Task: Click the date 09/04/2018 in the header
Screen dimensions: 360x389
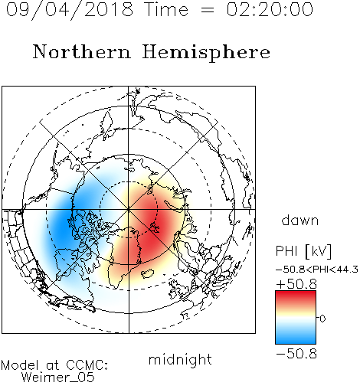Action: (70, 10)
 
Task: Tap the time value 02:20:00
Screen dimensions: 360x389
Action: (270, 9)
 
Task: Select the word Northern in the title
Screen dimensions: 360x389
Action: (82, 51)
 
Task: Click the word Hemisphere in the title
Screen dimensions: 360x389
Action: (206, 52)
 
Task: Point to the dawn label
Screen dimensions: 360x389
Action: (300, 220)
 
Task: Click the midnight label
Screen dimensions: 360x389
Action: (180, 359)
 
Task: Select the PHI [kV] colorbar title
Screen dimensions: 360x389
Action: (303, 251)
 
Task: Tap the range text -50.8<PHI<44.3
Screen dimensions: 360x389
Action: (317, 270)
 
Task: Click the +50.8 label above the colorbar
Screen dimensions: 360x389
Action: (296, 284)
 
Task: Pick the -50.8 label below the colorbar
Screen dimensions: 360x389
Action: (296, 354)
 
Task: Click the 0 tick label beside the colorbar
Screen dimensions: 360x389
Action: (322, 319)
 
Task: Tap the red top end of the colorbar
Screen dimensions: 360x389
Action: (296, 293)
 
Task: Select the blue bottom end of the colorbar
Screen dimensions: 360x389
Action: (296, 341)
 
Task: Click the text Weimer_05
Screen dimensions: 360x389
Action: (58, 378)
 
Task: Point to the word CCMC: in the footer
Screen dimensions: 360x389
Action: (87, 365)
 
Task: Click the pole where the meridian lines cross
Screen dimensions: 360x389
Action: (129, 210)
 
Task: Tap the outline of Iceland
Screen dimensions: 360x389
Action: (148, 273)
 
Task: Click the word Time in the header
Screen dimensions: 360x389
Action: (166, 9)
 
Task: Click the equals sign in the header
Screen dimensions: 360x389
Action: (207, 11)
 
